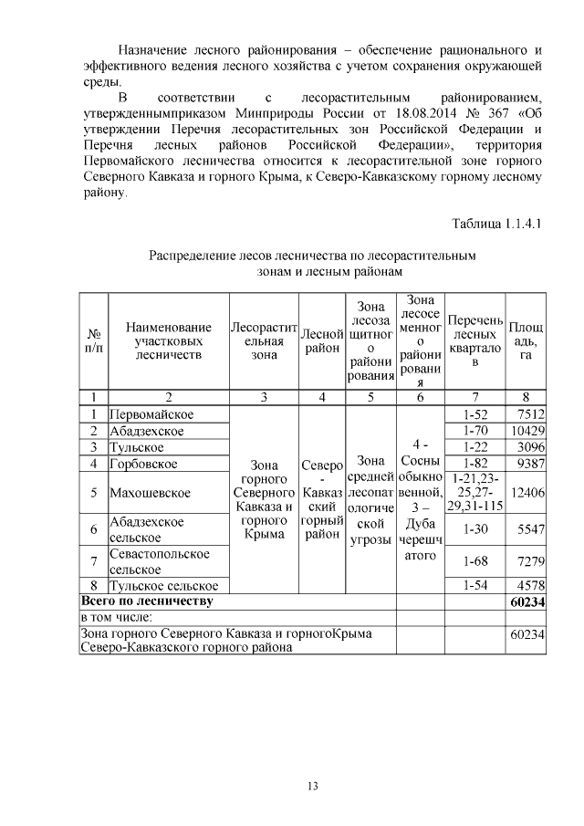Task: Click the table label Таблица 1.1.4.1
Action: [x=497, y=225]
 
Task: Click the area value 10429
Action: [x=527, y=431]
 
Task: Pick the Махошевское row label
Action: [x=150, y=493]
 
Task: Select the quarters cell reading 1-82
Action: [x=474, y=463]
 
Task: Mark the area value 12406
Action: [x=527, y=493]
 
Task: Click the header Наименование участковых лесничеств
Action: [x=168, y=340]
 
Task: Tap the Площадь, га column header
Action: [x=525, y=340]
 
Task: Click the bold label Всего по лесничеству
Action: [x=147, y=601]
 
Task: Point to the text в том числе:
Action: [x=115, y=618]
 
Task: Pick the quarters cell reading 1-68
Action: [x=474, y=561]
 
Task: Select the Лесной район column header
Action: [x=320, y=340]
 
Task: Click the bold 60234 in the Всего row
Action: [x=527, y=601]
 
